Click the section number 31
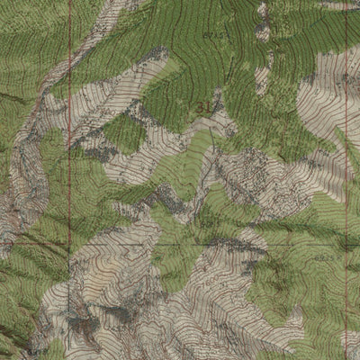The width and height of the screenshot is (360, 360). [x=202, y=107]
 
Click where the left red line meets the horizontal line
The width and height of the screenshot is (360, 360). [x=69, y=243]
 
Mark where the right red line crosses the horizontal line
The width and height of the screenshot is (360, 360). [x=346, y=243]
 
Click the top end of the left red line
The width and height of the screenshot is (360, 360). [x=69, y=3]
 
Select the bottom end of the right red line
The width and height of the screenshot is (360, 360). [x=346, y=356]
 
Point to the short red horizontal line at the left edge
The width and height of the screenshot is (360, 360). [x=18, y=241]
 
